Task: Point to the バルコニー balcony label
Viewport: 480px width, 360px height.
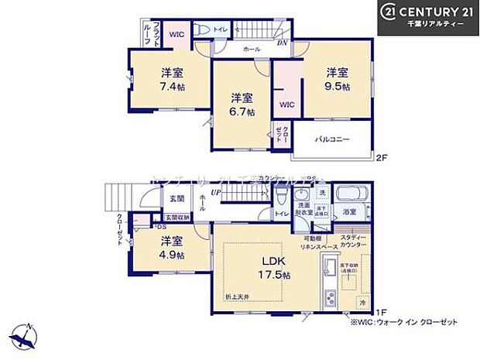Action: (x=332, y=140)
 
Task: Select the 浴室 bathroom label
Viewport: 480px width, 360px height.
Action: (x=349, y=211)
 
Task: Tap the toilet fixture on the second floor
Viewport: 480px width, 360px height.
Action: (x=202, y=30)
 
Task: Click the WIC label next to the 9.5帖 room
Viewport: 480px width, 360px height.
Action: (x=286, y=105)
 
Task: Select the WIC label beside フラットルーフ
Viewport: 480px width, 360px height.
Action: (x=176, y=34)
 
